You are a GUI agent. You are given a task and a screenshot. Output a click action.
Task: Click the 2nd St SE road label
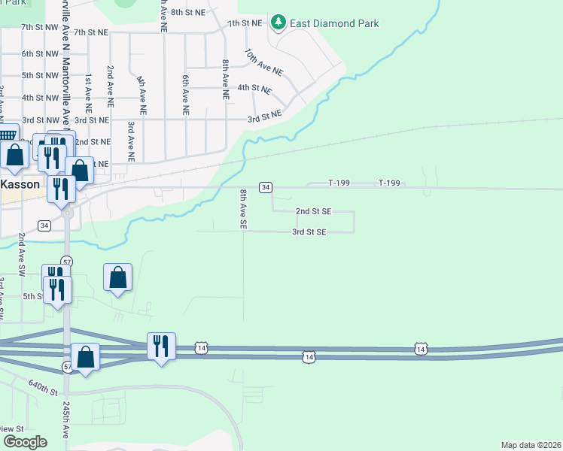312,212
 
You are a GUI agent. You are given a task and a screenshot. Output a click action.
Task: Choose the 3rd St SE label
309,232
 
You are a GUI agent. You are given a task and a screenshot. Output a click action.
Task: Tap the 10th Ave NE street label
263,62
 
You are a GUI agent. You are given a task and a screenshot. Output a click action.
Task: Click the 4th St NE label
254,88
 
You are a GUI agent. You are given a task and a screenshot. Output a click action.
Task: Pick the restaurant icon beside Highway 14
161,346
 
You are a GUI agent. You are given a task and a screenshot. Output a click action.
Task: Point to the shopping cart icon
6,136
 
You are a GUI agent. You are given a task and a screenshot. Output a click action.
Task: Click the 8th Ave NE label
225,80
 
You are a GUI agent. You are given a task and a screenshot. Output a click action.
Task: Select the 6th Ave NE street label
185,89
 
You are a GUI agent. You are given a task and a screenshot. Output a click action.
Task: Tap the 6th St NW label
40,54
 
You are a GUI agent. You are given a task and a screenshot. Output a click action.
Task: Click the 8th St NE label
188,13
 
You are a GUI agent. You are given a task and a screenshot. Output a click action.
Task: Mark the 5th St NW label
40,76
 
